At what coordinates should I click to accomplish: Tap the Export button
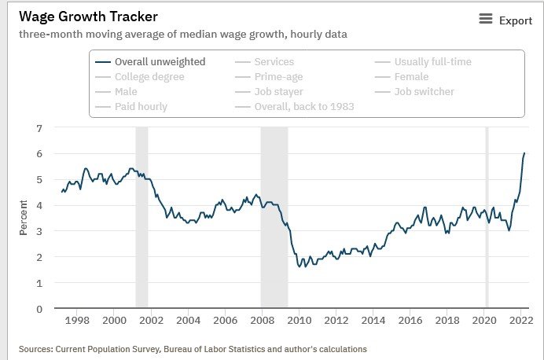pyautogui.click(x=505, y=20)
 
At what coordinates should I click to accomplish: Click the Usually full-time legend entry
pyautogui.click(x=432, y=61)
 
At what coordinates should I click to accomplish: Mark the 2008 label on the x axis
pyautogui.click(x=262, y=321)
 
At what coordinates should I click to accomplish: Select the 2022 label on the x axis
pyautogui.click(x=520, y=321)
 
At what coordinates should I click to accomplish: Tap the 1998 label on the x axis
pyautogui.click(x=77, y=321)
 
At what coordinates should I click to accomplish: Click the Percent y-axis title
pyautogui.click(x=24, y=219)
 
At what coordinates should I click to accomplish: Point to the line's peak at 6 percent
pyautogui.click(x=524, y=153)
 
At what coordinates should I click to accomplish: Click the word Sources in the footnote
pyautogui.click(x=39, y=348)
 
